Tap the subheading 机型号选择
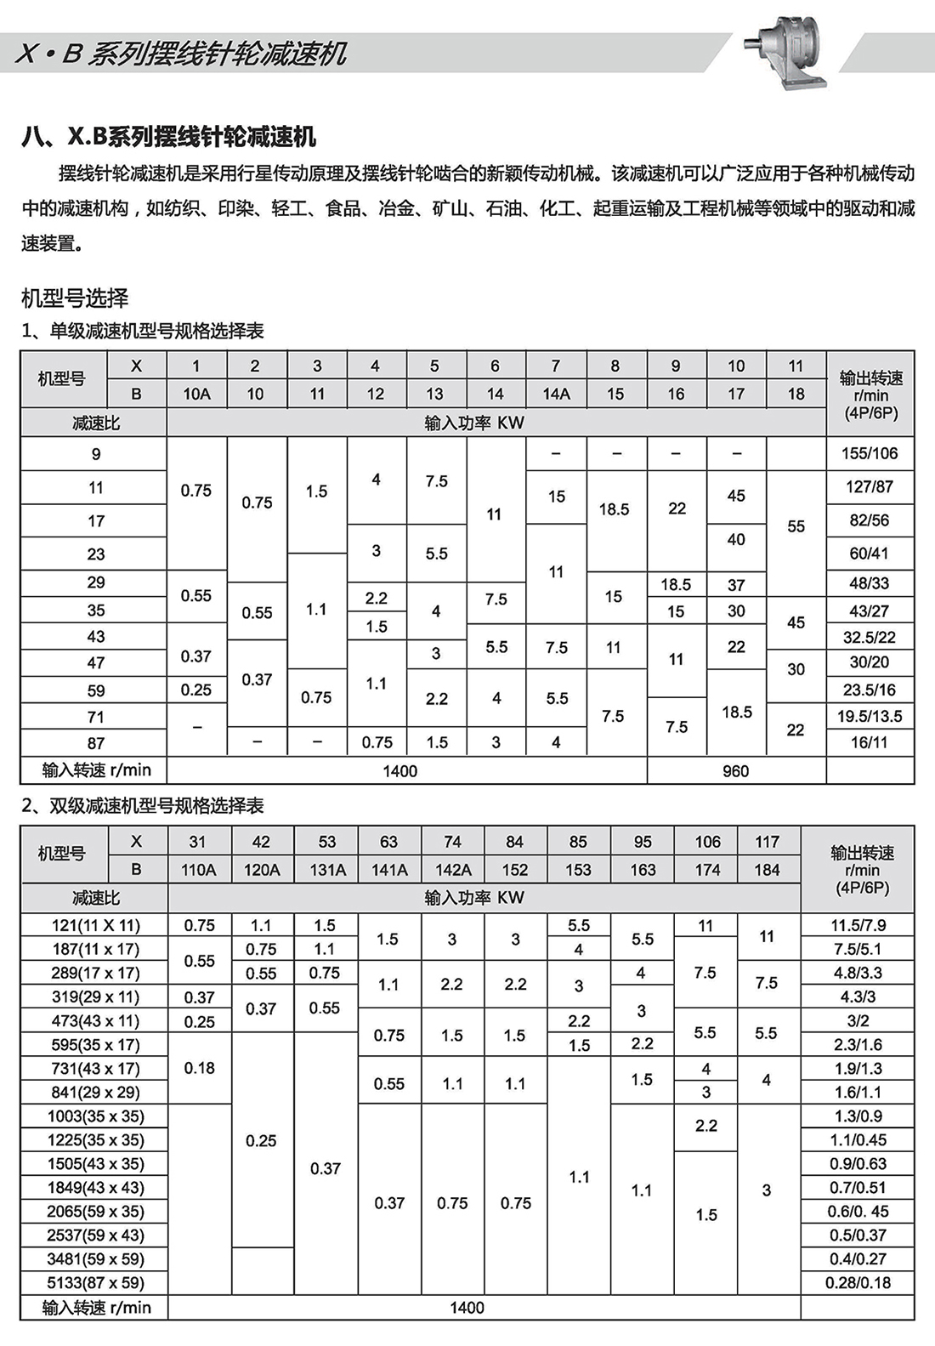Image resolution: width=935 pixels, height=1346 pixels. [x=75, y=298]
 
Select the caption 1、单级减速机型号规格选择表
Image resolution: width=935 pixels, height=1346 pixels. [x=143, y=331]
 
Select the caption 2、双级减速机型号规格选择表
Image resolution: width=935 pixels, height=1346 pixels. [x=143, y=805]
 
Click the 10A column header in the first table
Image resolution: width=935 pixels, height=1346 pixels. [x=196, y=394]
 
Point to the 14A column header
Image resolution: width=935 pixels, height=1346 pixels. [x=556, y=394]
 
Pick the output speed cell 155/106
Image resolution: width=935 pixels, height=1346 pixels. [x=870, y=453]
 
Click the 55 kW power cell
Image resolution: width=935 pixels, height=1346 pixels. [x=796, y=526]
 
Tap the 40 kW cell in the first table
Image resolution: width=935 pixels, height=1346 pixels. [x=736, y=539]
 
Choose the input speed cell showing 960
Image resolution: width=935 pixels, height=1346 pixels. [x=736, y=771]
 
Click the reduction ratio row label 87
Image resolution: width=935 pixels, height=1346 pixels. [x=95, y=743]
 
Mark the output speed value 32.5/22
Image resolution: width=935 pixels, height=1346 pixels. [x=870, y=637]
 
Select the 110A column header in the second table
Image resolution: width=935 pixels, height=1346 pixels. [x=198, y=870]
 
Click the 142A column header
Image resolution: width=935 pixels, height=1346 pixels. [x=453, y=870]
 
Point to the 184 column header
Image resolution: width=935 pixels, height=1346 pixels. [x=767, y=870]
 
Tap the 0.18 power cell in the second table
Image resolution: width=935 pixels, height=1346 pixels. [x=200, y=1068]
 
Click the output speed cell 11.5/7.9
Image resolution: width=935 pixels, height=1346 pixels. [x=858, y=925]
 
